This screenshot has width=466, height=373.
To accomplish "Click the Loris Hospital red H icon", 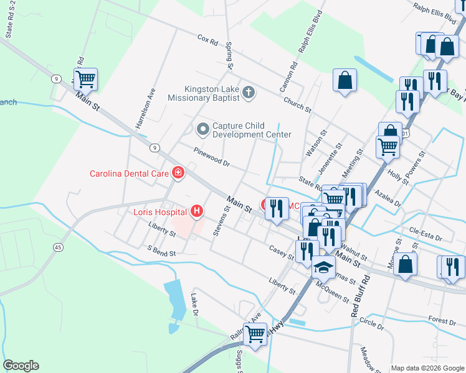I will pyautogui.click(x=197, y=211).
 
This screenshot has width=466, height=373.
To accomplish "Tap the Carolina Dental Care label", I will pyautogui.click(x=130, y=173).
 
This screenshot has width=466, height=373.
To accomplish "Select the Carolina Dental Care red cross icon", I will pyautogui.click(x=178, y=172).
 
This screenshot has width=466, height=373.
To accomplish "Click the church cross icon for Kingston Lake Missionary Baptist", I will pyautogui.click(x=249, y=93).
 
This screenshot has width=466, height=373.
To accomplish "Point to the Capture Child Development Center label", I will pyautogui.click(x=252, y=130).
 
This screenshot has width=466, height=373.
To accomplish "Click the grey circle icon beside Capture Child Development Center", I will pyautogui.click(x=202, y=129).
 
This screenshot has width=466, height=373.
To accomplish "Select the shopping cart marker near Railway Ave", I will pyautogui.click(x=255, y=334).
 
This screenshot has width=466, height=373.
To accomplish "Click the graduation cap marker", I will pyautogui.click(x=323, y=267).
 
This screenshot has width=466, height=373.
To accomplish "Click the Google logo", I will pyautogui.click(x=21, y=366).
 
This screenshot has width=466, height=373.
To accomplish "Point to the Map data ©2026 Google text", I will pyautogui.click(x=427, y=368).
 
